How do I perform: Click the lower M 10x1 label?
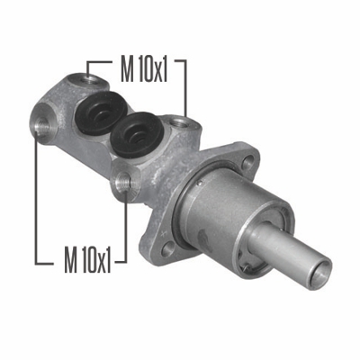pyautogui.click(x=86, y=260)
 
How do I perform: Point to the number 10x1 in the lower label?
pyautogui.click(x=97, y=260)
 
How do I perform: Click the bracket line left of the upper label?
pyautogui.click(x=87, y=65)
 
